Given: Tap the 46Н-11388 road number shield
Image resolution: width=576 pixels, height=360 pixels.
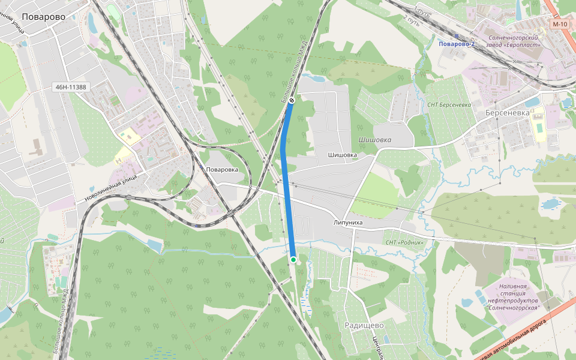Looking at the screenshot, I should click(x=71, y=87).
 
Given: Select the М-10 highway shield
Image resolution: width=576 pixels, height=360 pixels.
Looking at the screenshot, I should click(x=560, y=24).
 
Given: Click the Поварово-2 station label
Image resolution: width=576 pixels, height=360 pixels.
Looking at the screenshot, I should click(x=456, y=44).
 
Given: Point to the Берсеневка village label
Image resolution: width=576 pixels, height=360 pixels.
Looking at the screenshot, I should click(x=508, y=112).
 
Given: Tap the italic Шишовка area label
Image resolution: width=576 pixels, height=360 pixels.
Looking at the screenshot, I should click(x=374, y=140).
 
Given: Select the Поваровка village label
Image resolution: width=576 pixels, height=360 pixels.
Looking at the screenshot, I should click(x=222, y=169).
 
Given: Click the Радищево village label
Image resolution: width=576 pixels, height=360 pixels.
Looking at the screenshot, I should click(x=364, y=325).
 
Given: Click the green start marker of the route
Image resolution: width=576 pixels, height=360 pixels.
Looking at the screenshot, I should click(x=293, y=259).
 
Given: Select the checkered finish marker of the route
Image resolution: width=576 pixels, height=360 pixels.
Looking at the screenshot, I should click(x=291, y=101).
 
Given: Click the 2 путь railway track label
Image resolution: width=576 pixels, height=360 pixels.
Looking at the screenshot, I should click(x=412, y=20).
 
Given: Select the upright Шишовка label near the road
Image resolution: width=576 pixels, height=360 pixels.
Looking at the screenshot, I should click(x=343, y=155).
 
